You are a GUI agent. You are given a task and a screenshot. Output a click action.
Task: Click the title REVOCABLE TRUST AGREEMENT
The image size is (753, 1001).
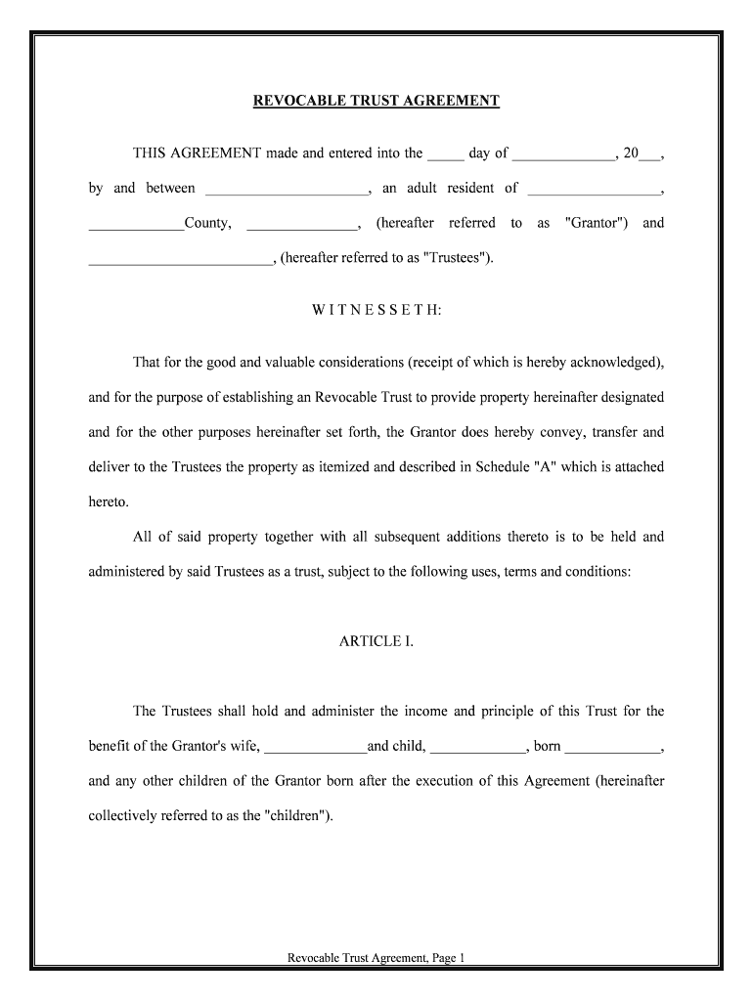[376, 101]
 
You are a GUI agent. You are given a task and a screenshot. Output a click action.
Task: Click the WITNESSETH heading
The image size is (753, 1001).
[376, 309]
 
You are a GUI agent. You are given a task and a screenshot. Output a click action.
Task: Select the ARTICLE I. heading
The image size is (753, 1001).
[376, 641]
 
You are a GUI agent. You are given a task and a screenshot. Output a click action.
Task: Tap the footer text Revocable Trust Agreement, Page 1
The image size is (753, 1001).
[376, 959]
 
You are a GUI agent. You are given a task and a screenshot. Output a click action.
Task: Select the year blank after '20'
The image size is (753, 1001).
[649, 154]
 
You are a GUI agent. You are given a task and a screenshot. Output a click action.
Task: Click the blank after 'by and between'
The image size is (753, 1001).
[287, 190]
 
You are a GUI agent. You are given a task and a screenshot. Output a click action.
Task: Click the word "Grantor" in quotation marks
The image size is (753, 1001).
[596, 223]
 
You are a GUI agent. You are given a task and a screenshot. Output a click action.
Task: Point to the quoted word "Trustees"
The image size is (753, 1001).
[458, 258]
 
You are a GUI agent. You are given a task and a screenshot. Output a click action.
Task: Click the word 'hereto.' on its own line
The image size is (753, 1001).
[109, 501]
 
